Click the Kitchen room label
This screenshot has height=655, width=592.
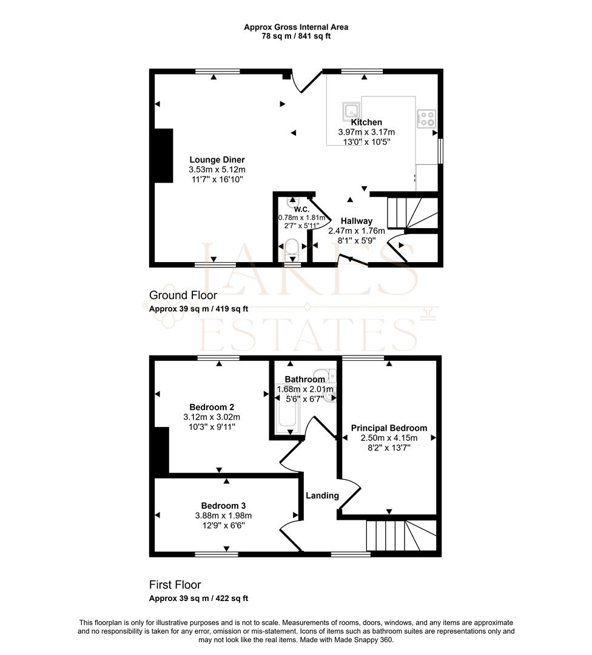[366, 123]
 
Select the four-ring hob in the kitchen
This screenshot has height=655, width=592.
[426, 118]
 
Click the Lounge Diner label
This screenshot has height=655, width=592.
[217, 160]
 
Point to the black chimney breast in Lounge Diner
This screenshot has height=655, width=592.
[164, 155]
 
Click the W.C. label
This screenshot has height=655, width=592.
[301, 210]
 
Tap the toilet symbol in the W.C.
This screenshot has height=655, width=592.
[291, 248]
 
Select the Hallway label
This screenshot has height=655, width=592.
[357, 221]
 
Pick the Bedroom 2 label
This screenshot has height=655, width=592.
[212, 408]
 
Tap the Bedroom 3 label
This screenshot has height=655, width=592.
[223, 506]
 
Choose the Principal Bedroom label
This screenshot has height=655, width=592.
[389, 428]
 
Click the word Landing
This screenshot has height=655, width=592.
[322, 496]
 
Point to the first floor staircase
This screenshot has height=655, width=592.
[402, 536]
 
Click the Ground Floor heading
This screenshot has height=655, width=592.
[183, 295]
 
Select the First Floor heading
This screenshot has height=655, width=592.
[175, 585]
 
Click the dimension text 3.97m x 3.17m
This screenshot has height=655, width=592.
[366, 132]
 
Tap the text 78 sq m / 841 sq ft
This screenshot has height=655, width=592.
[296, 36]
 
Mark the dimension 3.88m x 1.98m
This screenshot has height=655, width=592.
[223, 516]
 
